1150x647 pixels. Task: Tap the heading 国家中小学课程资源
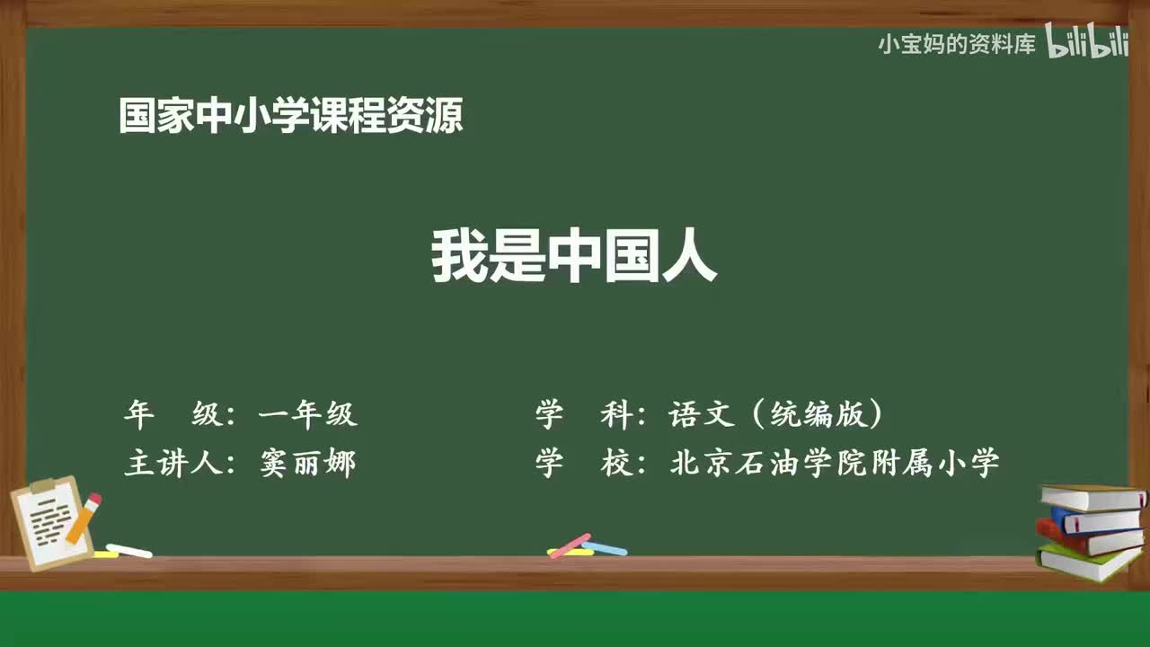click(x=290, y=117)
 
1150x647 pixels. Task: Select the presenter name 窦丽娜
click(x=308, y=464)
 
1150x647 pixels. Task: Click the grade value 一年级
click(x=308, y=414)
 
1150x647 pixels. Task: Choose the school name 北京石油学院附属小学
click(x=834, y=464)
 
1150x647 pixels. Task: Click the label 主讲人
click(x=171, y=464)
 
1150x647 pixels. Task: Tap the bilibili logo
click(x=1088, y=43)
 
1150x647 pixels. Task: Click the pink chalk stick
click(x=570, y=545)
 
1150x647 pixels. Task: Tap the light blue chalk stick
click(x=606, y=547)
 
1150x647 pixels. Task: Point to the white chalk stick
click(x=129, y=550)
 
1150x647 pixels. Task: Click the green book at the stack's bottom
click(x=1087, y=563)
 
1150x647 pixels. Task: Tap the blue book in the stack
click(x=1094, y=519)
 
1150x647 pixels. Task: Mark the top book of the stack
click(x=1092, y=496)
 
